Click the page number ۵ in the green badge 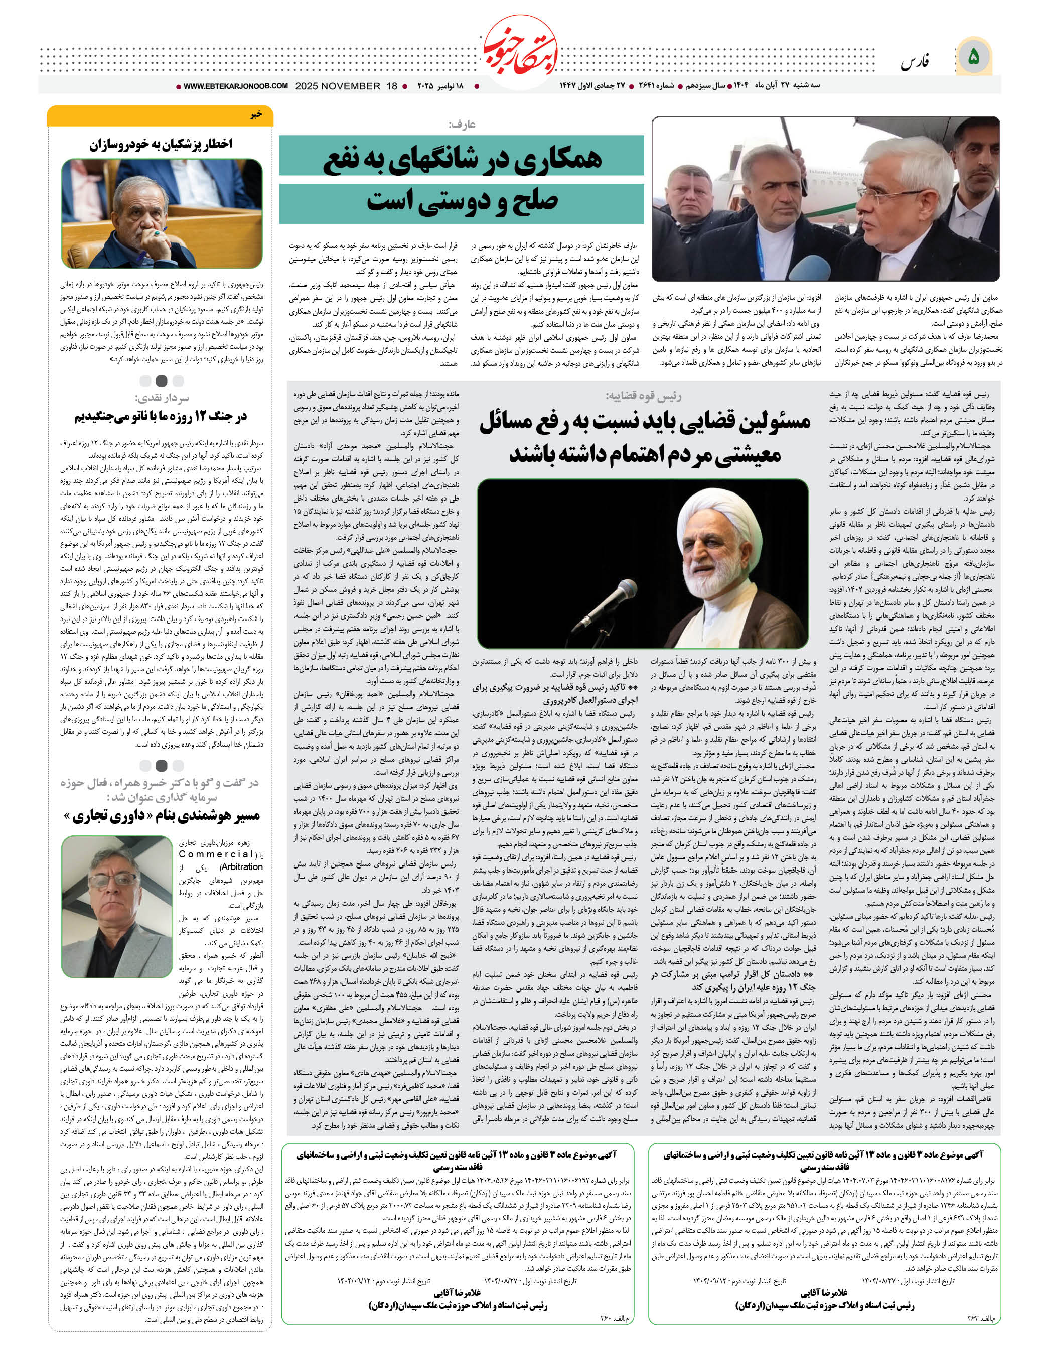click(x=973, y=58)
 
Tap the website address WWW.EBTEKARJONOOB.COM click(x=236, y=86)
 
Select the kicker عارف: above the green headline click(x=463, y=125)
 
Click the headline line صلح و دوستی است click(x=463, y=201)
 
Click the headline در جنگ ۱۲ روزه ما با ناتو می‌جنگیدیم click(x=161, y=416)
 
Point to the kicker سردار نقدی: click(x=162, y=398)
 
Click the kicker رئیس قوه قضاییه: click(x=643, y=396)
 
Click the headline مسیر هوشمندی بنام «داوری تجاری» click(x=162, y=816)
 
